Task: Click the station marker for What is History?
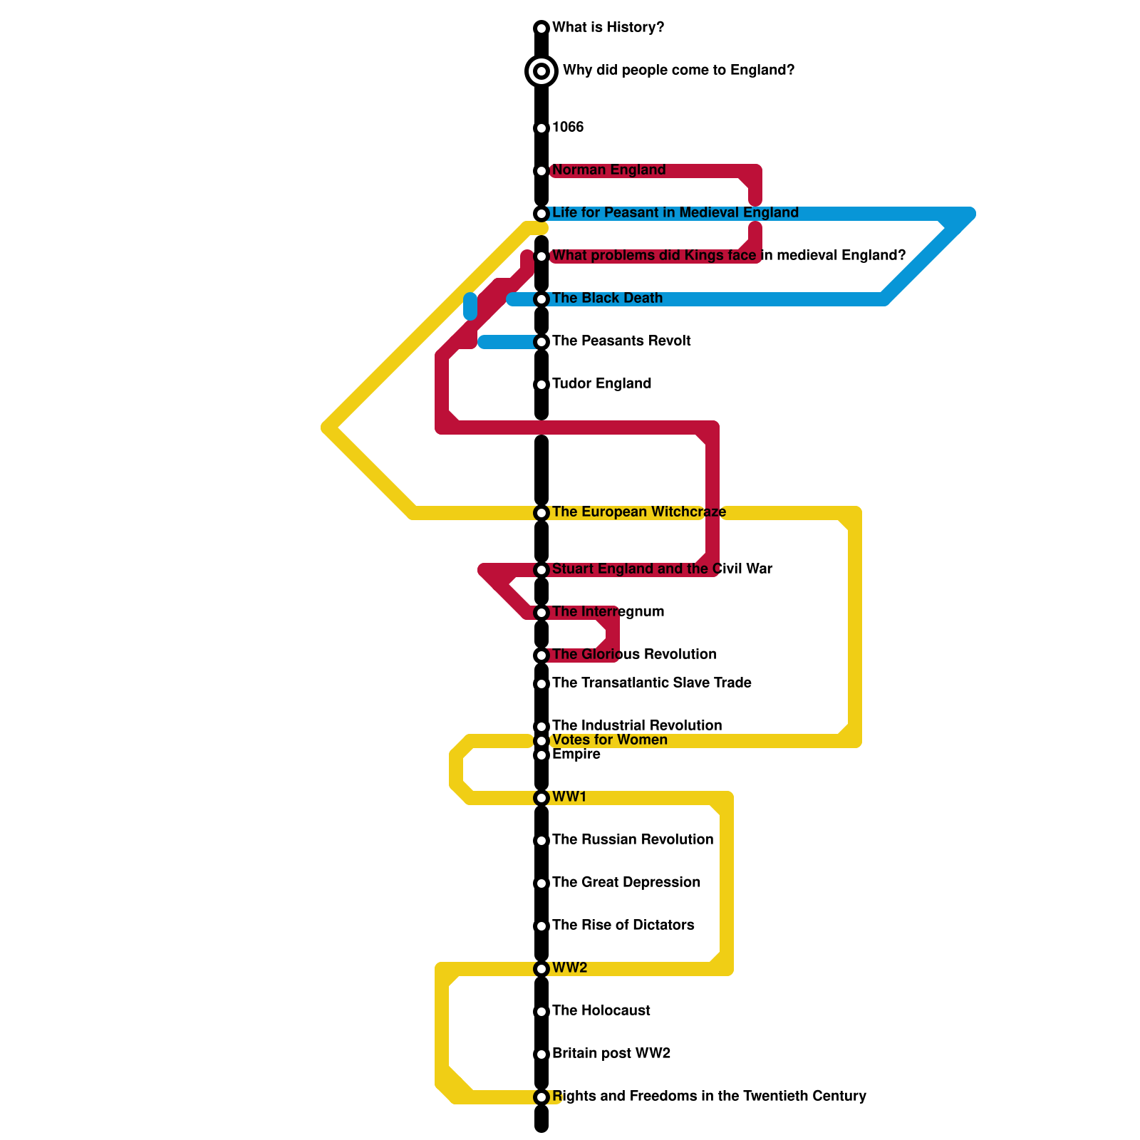[x=541, y=28]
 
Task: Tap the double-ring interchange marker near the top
[x=541, y=71]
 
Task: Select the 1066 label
[x=568, y=128]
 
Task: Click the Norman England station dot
[x=541, y=171]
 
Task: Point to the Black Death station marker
[x=541, y=299]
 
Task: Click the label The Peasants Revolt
[x=621, y=341]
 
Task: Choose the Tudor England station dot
[x=541, y=385]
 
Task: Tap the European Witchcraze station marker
[x=541, y=513]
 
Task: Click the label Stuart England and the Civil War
[x=662, y=569]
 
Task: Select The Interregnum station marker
[x=541, y=613]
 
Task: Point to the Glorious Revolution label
[x=634, y=655]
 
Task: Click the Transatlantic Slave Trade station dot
[x=541, y=684]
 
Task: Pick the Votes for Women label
[x=609, y=740]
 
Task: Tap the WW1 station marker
[x=541, y=798]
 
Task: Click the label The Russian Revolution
[x=633, y=840]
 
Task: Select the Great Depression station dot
[x=541, y=883]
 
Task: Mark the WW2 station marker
[x=541, y=969]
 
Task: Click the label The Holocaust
[x=601, y=1011]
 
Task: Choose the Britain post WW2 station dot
[x=541, y=1054]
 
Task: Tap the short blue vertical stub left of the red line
[x=470, y=306]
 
